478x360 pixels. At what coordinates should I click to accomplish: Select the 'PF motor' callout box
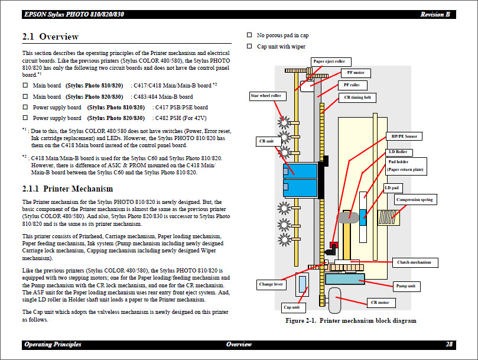coord(356,73)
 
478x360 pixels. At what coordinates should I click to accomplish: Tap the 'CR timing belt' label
coord(358,98)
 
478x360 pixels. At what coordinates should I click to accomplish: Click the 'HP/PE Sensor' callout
coord(403,136)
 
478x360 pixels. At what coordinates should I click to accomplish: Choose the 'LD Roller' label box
coord(401,152)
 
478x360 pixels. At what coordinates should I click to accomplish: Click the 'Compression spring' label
coord(415,200)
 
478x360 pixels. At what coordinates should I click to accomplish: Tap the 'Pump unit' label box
coord(405,286)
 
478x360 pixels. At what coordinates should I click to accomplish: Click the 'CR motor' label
coord(379,303)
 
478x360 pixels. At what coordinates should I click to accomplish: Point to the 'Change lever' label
coord(271,284)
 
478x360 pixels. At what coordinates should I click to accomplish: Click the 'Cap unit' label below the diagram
coord(291,307)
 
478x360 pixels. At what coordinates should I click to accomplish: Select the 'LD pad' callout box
coord(392,188)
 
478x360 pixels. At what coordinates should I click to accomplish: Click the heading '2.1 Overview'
coord(50,37)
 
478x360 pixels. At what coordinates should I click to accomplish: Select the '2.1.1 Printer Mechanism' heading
coord(67,189)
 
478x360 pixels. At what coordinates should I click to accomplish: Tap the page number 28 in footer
coord(449,345)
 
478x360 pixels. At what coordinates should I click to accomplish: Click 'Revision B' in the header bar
coord(435,15)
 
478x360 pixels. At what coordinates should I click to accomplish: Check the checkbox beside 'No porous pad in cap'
coord(249,35)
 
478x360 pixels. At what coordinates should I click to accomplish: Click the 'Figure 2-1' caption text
coord(350,321)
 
